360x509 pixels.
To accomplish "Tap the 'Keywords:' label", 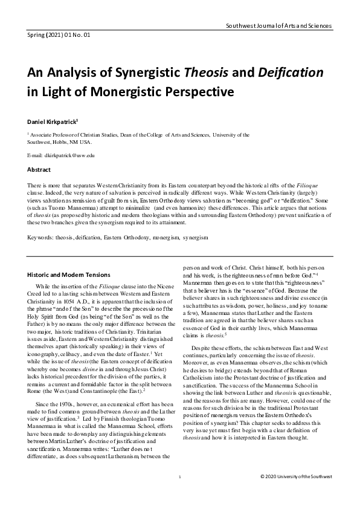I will click(43, 221).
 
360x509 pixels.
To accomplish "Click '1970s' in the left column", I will click(63, 386).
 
